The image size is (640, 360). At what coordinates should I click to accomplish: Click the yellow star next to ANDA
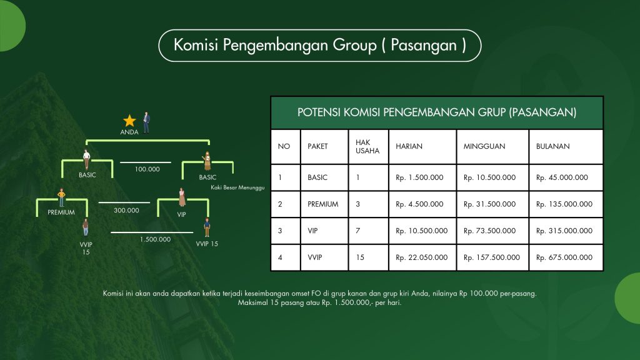129,121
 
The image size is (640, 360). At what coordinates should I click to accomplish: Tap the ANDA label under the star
129,132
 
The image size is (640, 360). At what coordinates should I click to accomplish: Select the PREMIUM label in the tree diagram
61,212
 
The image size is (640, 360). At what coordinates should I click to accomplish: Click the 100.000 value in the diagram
147,169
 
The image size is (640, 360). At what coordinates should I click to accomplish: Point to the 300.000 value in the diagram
126,210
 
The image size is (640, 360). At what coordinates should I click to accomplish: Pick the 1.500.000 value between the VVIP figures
155,239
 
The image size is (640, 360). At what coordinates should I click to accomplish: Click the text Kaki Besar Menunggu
237,187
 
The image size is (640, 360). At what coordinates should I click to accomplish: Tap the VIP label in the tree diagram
182,214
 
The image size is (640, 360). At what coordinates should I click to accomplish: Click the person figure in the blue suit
146,122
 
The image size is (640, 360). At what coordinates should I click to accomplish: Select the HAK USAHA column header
367,146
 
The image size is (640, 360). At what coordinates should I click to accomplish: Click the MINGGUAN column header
484,146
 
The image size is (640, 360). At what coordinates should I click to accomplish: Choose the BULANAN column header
552,146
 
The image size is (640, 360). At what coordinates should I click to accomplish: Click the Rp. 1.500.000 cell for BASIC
419,177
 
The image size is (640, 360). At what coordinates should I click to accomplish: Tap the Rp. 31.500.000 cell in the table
489,204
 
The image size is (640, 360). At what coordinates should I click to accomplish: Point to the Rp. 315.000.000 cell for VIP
564,231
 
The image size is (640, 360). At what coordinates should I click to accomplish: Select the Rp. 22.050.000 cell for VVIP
422,257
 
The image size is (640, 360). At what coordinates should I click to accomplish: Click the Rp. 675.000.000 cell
564,257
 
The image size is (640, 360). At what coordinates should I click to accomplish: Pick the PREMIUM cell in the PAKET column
323,204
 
